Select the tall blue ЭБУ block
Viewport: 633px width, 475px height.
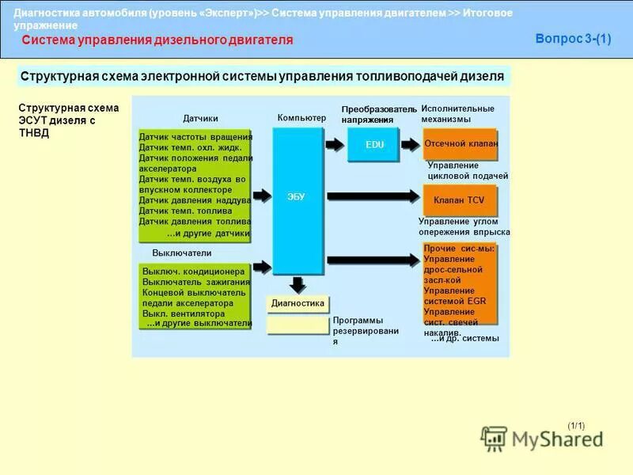click(x=298, y=200)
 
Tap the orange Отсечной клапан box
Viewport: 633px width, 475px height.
click(x=461, y=144)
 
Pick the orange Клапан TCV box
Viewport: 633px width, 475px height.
click(x=460, y=200)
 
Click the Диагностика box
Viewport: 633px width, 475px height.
click(x=298, y=303)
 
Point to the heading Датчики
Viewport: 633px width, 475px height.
click(x=200, y=119)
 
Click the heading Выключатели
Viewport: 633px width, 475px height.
click(x=182, y=253)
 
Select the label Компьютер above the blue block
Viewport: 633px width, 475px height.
click(x=301, y=118)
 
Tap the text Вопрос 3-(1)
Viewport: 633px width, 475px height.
click(x=573, y=39)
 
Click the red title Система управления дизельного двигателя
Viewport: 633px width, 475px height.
click(x=157, y=40)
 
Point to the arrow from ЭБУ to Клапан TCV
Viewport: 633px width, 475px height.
click(x=372, y=196)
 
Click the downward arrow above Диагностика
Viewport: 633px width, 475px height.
click(x=298, y=284)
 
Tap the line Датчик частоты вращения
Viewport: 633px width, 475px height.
click(x=195, y=137)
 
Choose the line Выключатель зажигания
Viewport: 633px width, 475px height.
click(x=196, y=282)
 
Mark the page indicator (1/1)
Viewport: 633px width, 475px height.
click(x=576, y=426)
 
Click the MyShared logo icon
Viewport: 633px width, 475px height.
click(x=495, y=438)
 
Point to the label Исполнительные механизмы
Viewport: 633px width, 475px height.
click(x=457, y=113)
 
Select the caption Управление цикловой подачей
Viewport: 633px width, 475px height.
click(x=467, y=170)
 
